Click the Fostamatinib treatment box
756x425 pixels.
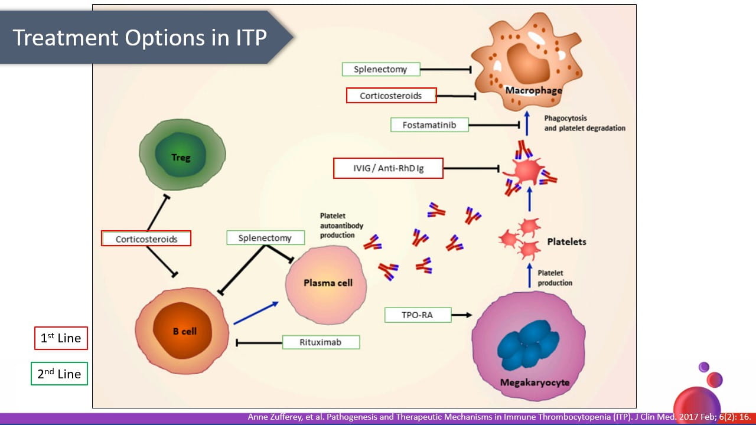[429, 125]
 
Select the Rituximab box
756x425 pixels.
[321, 342]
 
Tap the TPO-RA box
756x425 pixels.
[418, 315]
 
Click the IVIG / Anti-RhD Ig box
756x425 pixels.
[388, 169]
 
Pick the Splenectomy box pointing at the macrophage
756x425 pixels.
[381, 69]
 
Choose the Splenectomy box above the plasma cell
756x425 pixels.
[265, 238]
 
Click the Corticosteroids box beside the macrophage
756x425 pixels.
[391, 96]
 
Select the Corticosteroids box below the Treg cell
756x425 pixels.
[146, 239]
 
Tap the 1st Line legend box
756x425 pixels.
[60, 339]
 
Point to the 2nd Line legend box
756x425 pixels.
[59, 374]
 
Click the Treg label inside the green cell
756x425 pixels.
[181, 158]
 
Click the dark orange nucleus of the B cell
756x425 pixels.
[184, 332]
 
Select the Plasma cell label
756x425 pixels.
[328, 283]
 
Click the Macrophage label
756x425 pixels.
[533, 90]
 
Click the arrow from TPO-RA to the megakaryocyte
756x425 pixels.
[462, 315]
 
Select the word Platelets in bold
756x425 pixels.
[566, 242]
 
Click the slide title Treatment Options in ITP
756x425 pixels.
[139, 37]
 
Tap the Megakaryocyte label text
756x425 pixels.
[535, 382]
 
